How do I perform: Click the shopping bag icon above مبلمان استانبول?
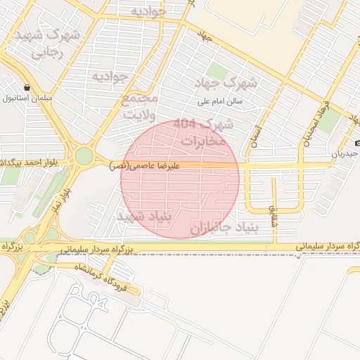(27, 88)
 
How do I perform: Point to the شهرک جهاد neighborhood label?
(229, 83)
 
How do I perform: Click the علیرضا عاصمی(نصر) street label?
(146, 166)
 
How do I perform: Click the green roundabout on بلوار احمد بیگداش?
(84, 155)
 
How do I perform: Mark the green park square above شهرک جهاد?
(218, 71)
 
